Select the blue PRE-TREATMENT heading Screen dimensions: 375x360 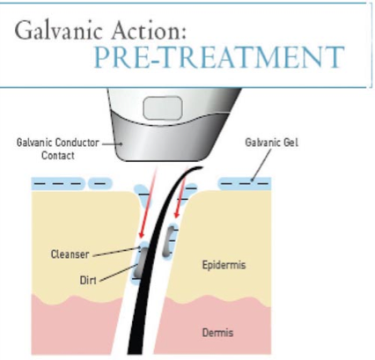coord(219,57)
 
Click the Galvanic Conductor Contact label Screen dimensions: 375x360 coord(58,149)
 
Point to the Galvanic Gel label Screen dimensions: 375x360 coord(271,143)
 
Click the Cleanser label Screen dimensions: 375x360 coord(70,254)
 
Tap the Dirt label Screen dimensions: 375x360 coord(88,280)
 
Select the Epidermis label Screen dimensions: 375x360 coord(224,265)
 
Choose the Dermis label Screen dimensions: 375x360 coord(217,333)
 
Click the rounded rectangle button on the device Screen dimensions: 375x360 coord(163,107)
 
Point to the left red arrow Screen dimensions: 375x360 coord(149,202)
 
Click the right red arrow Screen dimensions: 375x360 coord(181,193)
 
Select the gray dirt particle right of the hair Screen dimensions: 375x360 coord(169,240)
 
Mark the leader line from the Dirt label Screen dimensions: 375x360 coord(118,272)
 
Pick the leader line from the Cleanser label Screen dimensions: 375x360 coord(117,252)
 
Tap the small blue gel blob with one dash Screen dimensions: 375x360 coord(100,184)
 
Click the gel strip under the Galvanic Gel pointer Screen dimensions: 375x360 coord(245,184)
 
